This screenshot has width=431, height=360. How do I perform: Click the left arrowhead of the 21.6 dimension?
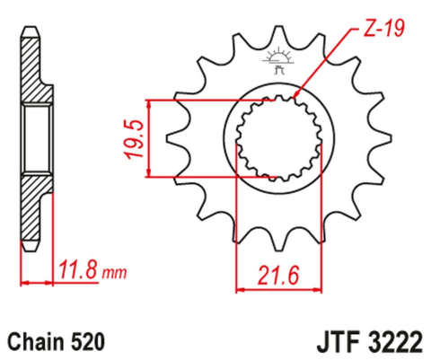tap(240, 289)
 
